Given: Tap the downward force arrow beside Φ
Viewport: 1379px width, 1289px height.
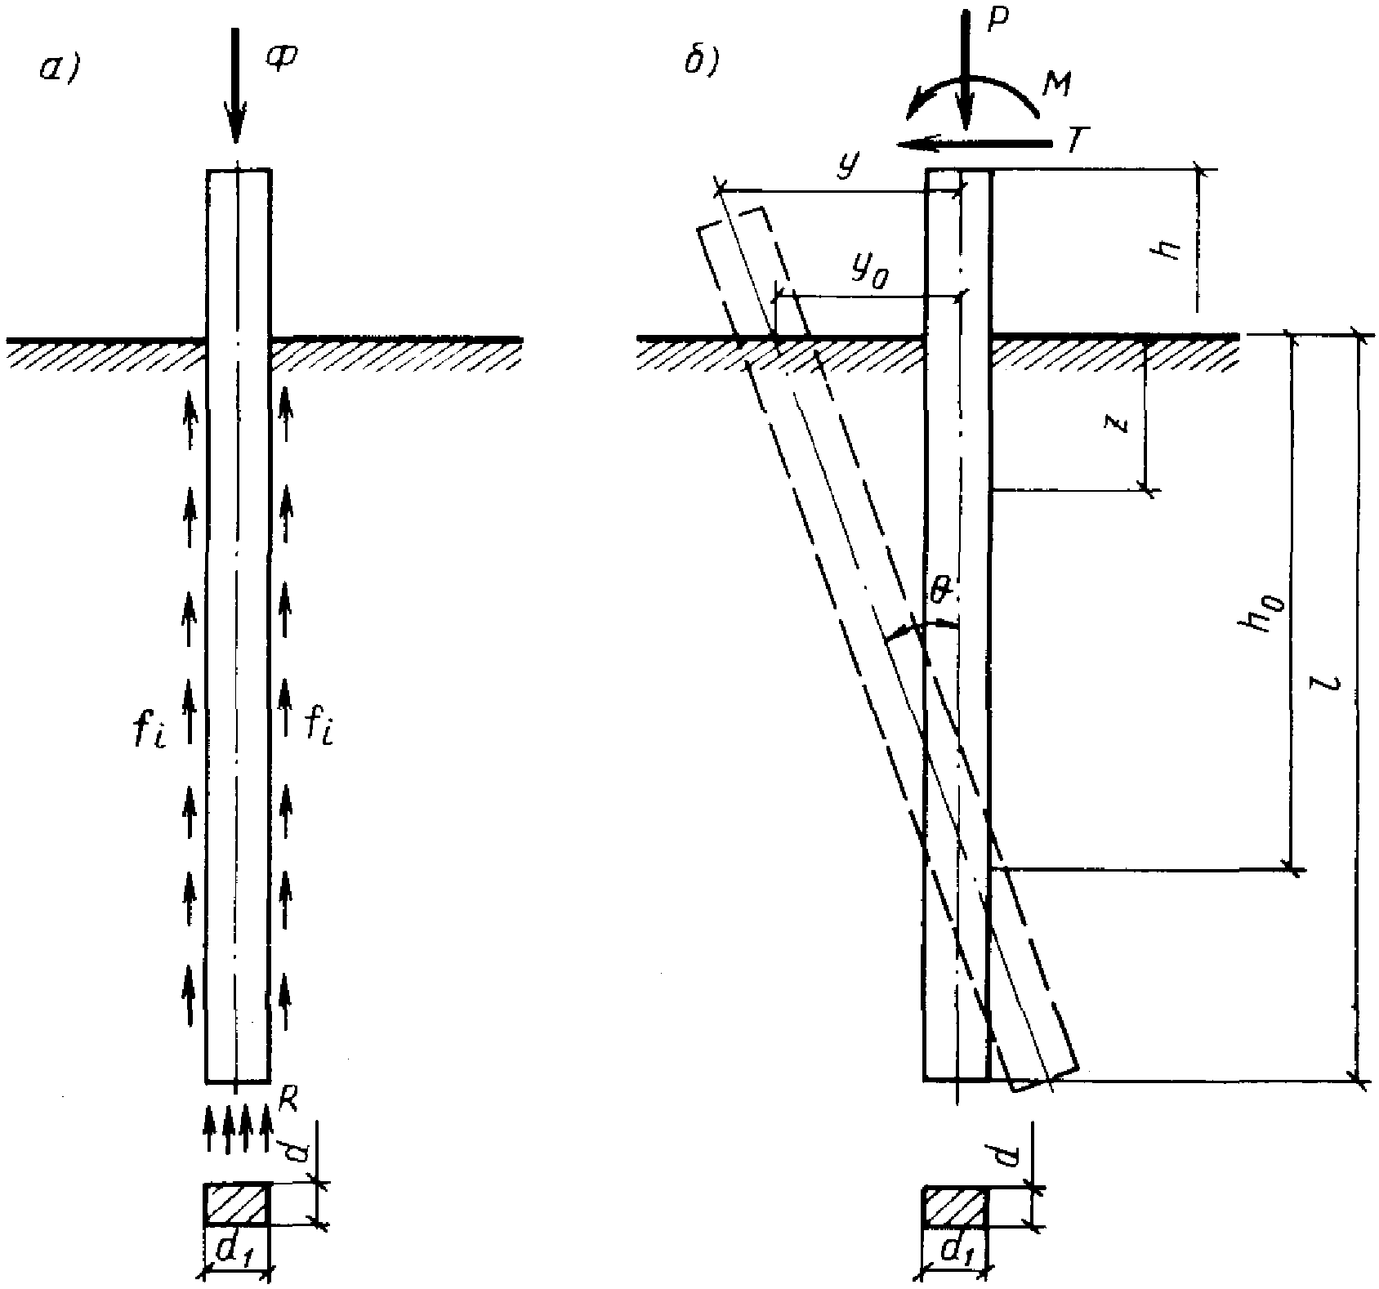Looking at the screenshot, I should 236,82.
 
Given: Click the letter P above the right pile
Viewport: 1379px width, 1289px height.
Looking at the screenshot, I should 994,20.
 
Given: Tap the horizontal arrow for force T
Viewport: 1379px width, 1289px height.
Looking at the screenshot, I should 972,145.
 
